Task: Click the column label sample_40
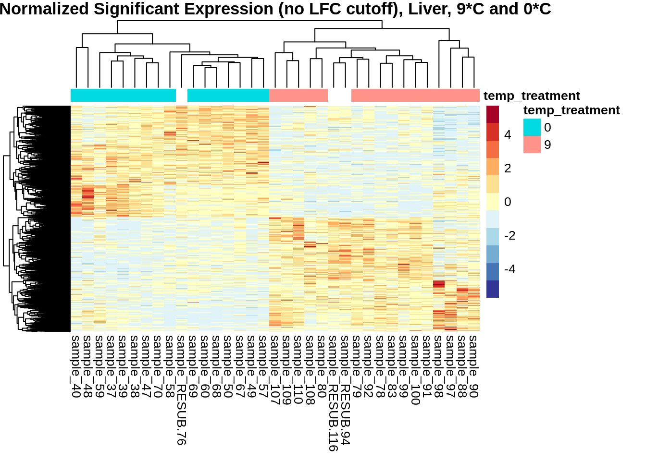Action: (x=76, y=366)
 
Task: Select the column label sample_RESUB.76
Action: (x=181, y=390)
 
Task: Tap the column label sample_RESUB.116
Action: (x=333, y=393)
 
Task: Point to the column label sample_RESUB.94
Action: (x=345, y=390)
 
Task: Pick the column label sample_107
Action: (x=275, y=370)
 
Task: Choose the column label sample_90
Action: (x=474, y=366)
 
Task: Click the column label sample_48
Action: (x=87, y=366)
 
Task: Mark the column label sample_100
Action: (x=415, y=370)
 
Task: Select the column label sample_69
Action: (x=193, y=366)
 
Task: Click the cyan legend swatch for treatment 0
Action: (x=532, y=127)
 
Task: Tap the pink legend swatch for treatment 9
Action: (x=532, y=145)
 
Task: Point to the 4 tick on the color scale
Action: (x=508, y=135)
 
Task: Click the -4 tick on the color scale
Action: (x=509, y=269)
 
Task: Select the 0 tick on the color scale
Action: (x=508, y=202)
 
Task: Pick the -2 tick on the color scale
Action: (x=509, y=236)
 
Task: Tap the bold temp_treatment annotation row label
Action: (x=532, y=96)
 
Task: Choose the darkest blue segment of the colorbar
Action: (x=493, y=289)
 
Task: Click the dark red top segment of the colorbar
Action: (x=493, y=114)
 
